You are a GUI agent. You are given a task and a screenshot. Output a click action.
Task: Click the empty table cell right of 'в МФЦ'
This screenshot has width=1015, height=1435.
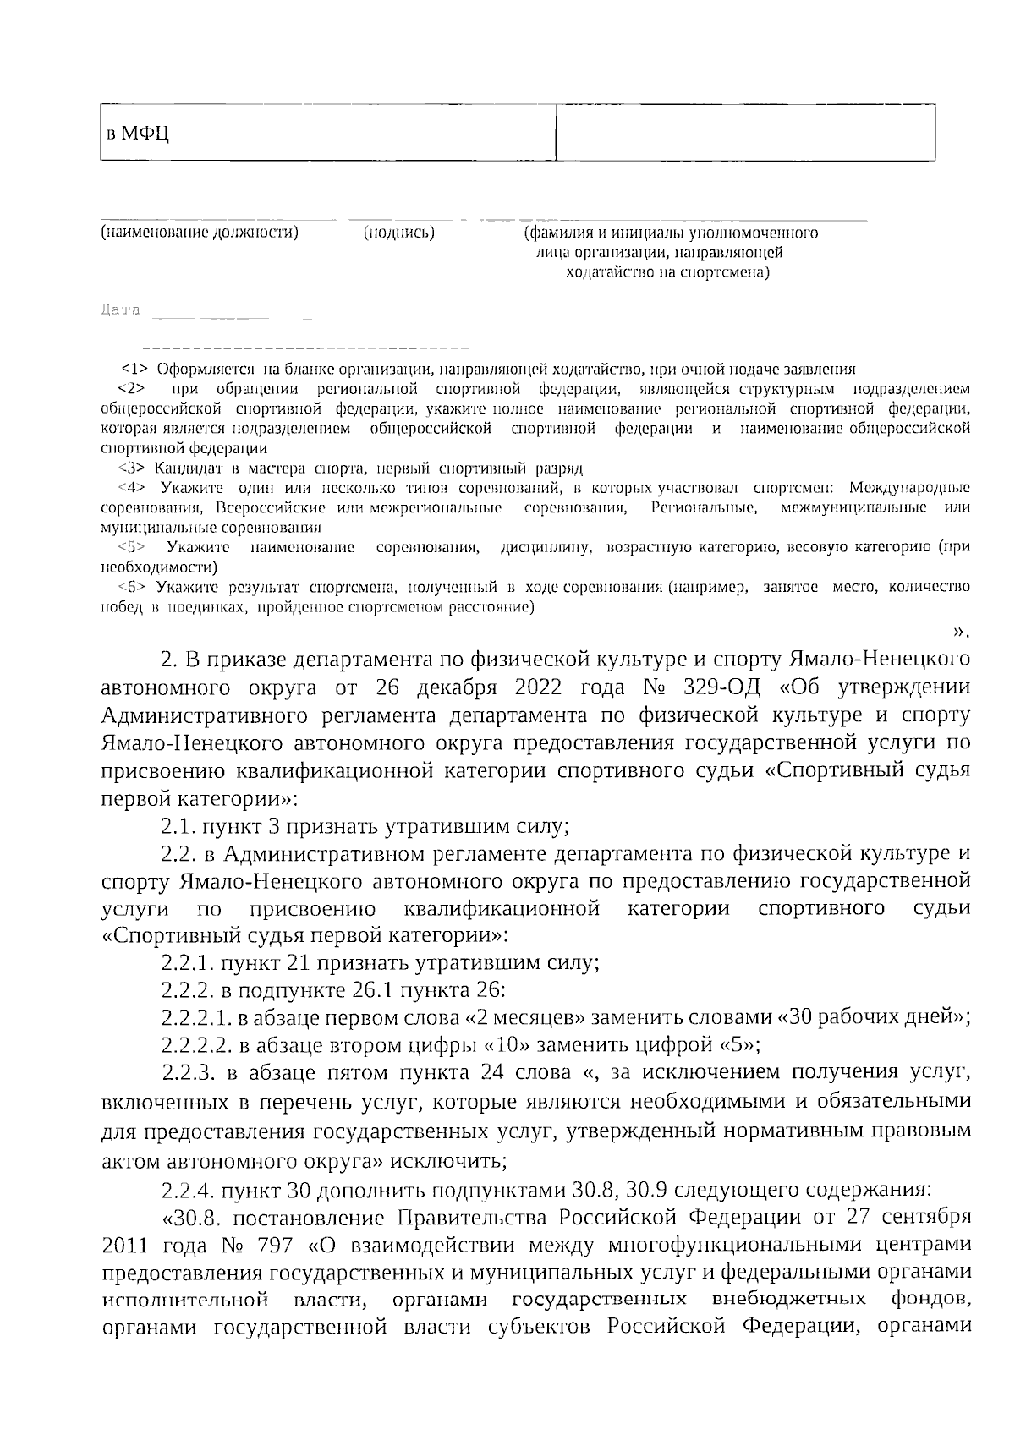pos(744,133)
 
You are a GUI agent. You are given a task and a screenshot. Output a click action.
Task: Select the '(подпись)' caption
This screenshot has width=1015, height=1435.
pos(398,233)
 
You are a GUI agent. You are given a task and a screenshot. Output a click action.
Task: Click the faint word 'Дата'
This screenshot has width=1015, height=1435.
pos(119,310)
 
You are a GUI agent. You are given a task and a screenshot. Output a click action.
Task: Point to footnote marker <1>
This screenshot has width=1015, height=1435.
pos(135,370)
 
